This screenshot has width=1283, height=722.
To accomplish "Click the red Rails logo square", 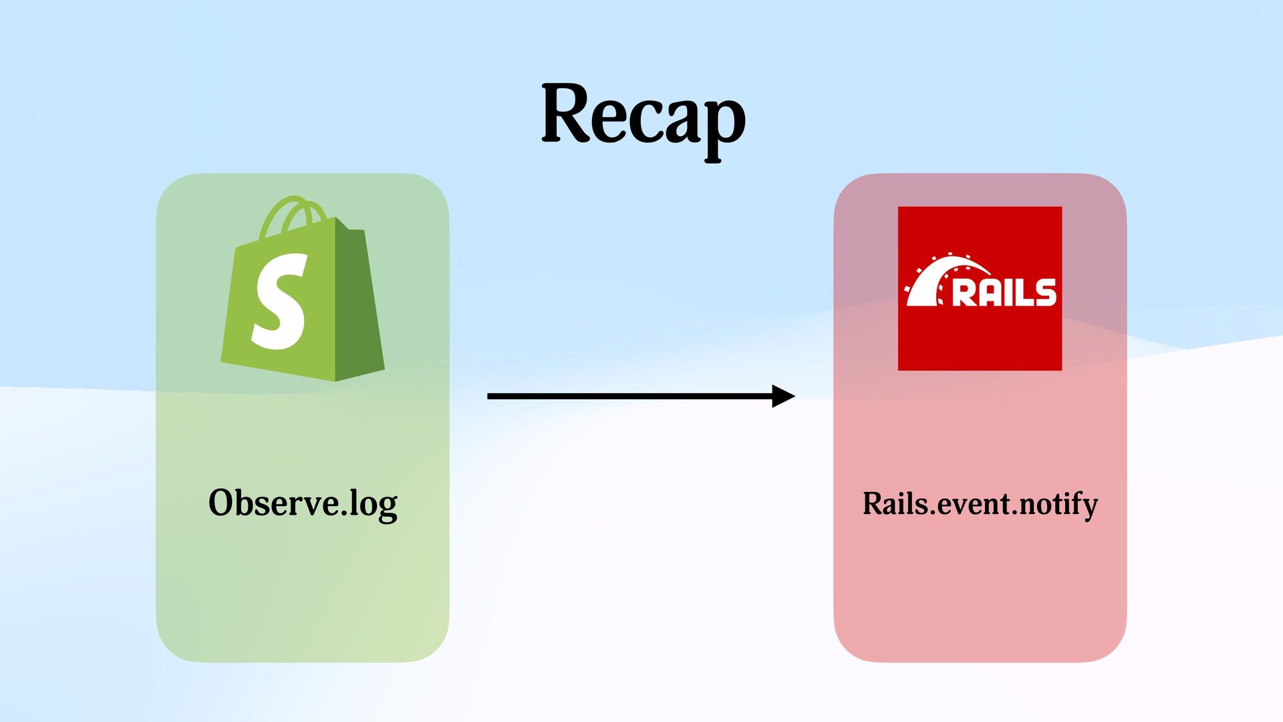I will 980,288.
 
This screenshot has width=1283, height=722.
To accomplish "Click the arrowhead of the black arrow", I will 783,396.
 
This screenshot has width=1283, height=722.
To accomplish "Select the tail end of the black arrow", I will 492,396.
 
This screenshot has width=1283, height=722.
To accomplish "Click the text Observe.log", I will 303,503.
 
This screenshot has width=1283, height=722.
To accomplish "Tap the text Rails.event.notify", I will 980,503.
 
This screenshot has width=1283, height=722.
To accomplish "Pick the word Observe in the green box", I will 273,503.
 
